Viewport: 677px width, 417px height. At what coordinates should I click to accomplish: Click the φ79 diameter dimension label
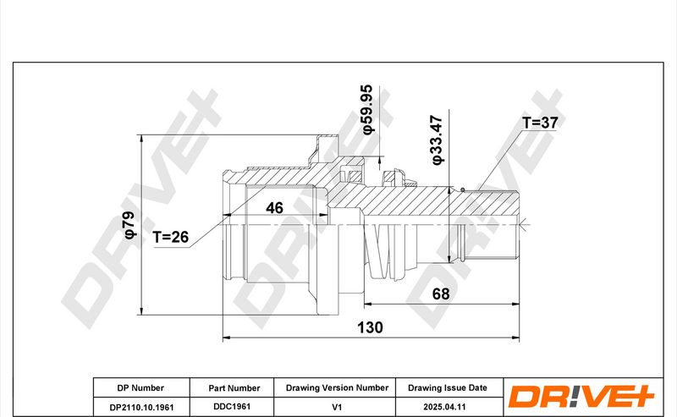coord(130,225)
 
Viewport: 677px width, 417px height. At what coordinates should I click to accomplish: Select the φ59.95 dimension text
coord(366,109)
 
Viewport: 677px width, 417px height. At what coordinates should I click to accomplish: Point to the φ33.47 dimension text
coord(438,140)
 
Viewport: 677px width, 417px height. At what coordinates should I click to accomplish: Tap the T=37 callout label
coord(540,123)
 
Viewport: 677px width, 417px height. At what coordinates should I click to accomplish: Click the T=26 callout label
coord(171,237)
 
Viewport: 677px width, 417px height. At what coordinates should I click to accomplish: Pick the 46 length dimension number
coord(274,208)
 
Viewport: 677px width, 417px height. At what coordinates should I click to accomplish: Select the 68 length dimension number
coord(441,294)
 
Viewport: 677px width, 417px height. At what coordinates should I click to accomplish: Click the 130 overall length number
coord(370,327)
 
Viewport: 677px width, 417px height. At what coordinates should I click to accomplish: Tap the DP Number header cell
coord(140,388)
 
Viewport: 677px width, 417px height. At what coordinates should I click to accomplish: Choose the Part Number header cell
coord(234,388)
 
